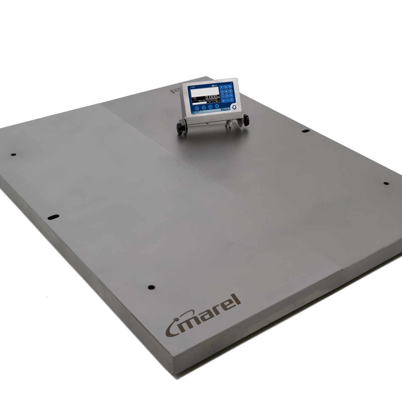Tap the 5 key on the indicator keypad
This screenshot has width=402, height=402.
coord(226,91)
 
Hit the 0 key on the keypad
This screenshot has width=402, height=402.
coord(223,101)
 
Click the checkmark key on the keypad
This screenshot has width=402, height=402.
coord(228,100)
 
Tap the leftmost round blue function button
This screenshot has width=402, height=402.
coord(197,108)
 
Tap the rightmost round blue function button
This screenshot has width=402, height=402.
coord(217,106)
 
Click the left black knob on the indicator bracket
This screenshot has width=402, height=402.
coord(180,129)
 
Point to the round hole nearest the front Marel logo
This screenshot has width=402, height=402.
coord(150,287)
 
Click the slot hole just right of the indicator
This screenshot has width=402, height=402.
coord(306,131)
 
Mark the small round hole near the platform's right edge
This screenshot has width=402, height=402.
coord(386,183)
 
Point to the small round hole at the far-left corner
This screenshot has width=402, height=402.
coord(13,154)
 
